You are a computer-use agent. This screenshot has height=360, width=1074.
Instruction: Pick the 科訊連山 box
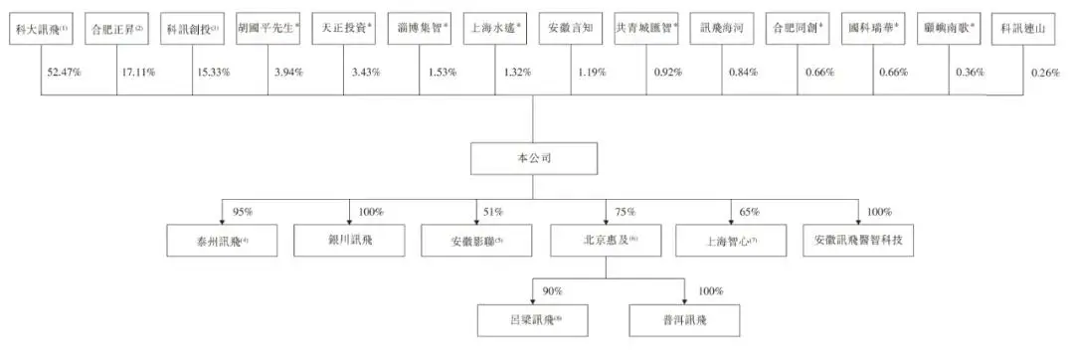click(1024, 31)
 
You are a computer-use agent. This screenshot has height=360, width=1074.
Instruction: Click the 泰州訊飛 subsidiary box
click(208, 240)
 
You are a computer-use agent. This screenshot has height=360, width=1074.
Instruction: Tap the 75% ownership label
click(622, 211)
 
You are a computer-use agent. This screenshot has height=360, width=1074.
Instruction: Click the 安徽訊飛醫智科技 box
click(859, 240)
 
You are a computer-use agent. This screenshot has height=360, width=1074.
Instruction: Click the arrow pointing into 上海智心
click(731, 221)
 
